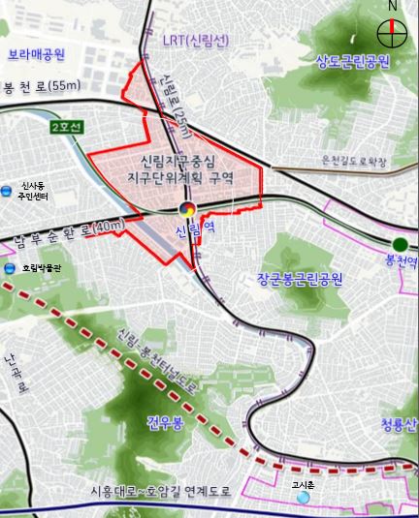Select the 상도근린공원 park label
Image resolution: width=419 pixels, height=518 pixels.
tap(352, 62)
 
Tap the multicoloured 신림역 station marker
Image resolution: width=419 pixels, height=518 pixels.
tap(189, 210)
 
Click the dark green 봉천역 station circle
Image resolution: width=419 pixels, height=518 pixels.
tap(401, 244)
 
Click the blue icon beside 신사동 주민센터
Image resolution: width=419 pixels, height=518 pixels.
tap(9, 189)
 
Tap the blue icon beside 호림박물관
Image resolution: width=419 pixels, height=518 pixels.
tap(10, 268)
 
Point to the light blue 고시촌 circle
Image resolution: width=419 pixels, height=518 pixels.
tap(304, 497)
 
